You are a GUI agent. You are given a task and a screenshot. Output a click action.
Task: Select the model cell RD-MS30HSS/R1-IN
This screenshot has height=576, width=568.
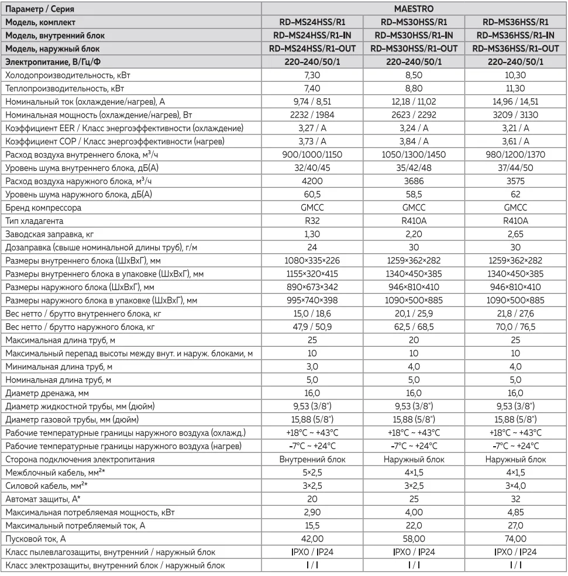pos(414,35)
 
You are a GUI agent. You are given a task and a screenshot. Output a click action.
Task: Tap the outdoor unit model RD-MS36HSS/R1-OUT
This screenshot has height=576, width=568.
pos(515,48)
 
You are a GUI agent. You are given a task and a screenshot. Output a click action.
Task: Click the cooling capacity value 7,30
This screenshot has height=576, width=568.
pos(312,76)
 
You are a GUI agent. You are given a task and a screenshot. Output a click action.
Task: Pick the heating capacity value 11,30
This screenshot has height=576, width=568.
pos(515,89)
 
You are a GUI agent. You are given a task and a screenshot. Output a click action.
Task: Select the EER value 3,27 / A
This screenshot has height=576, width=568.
pos(312,127)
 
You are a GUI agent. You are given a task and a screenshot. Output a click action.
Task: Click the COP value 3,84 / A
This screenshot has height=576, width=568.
pos(414,141)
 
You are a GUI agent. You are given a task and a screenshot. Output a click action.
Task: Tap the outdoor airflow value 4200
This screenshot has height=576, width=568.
pos(312,181)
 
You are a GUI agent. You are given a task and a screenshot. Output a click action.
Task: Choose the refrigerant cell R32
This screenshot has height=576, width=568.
pos(312,220)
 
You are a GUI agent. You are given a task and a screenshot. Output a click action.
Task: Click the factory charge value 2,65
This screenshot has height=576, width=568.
pos(515,233)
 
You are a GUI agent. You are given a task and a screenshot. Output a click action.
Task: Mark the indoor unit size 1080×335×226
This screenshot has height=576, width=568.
pos(312,260)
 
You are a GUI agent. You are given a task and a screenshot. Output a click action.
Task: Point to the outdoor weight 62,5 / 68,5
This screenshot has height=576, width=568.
pos(414,326)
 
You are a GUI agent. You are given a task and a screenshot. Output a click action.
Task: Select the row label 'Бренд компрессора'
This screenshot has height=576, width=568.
pos(43,208)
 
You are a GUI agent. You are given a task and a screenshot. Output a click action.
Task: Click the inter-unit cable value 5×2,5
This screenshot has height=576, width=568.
pos(312,472)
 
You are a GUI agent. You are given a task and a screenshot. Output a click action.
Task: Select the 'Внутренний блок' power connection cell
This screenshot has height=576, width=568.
pos(312,460)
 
